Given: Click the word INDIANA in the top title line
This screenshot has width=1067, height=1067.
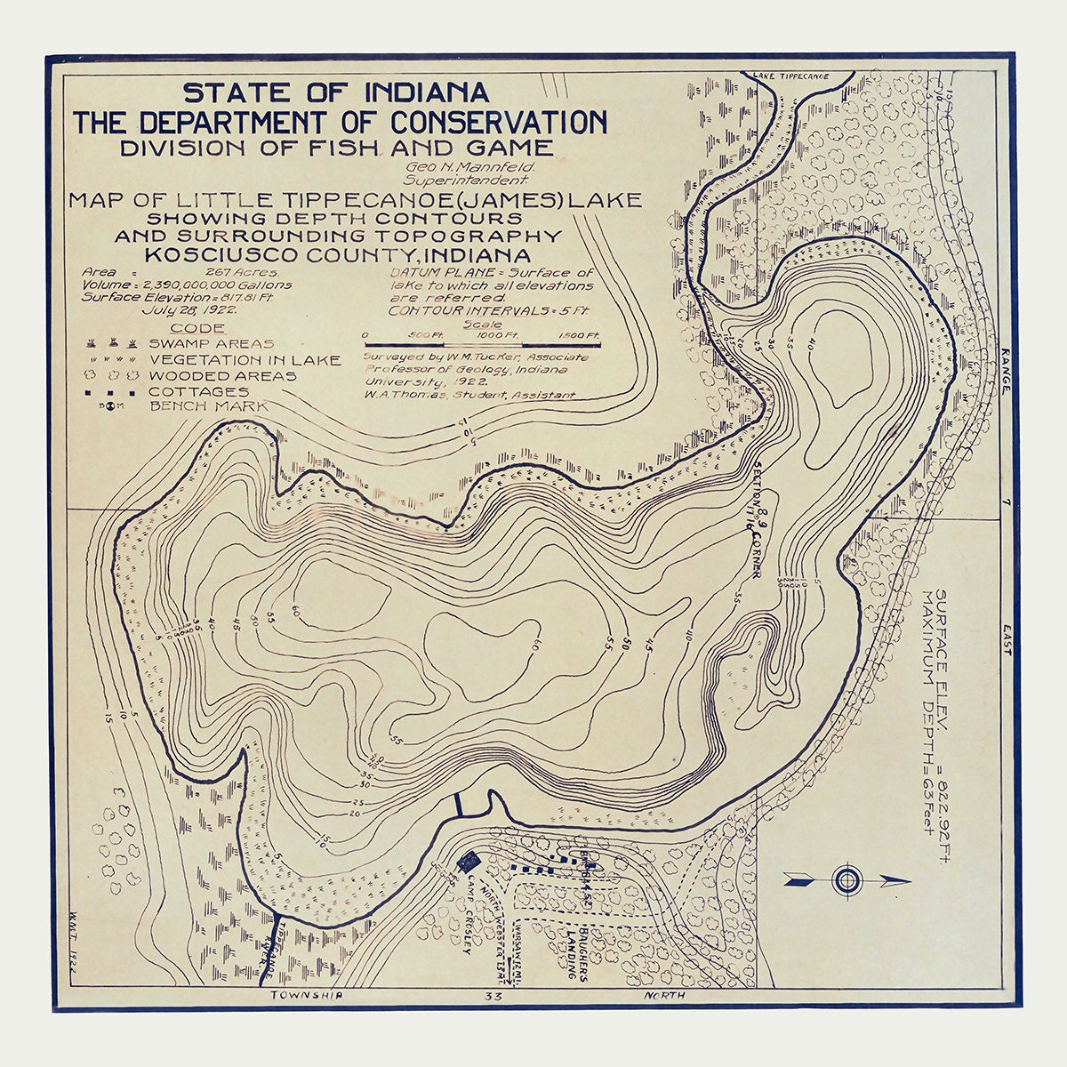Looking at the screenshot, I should click(x=425, y=92).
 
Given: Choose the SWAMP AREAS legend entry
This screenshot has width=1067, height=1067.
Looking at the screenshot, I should click(x=211, y=343).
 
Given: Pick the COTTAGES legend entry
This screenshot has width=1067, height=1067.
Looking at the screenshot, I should click(x=198, y=391).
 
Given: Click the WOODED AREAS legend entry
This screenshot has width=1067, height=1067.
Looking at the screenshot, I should click(x=222, y=375).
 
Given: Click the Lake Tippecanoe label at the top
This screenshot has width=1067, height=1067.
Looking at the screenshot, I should click(x=790, y=76).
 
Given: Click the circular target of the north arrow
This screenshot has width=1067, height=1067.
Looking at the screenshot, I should click(x=847, y=880).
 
